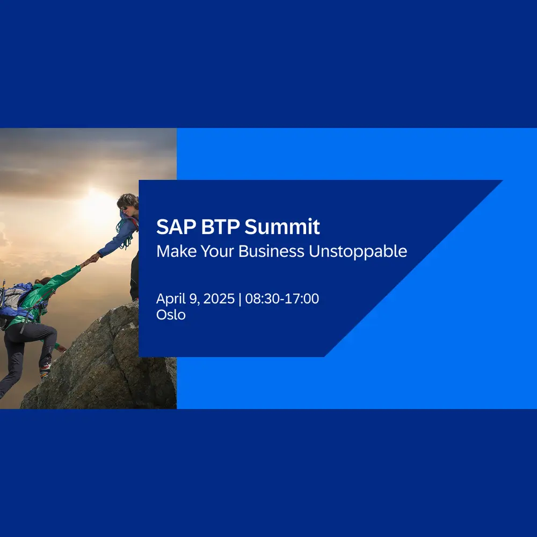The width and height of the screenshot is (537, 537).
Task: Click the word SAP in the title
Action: click(176, 227)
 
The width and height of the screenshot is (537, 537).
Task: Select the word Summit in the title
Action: click(282, 227)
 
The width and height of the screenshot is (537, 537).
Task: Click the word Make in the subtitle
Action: click(177, 251)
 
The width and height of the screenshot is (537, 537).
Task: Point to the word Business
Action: click(271, 251)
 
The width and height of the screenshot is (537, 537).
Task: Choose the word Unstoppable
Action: click(358, 252)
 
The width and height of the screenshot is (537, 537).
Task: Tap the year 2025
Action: click(219, 299)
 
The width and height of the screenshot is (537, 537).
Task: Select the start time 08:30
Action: click(262, 299)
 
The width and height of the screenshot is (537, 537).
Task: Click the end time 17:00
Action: click(302, 299)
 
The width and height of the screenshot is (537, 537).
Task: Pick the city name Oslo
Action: click(171, 315)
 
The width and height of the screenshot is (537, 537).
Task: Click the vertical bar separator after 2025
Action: click(240, 299)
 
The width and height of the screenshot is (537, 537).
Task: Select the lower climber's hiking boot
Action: click(45, 371)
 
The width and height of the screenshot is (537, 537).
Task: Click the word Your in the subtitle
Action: click(217, 251)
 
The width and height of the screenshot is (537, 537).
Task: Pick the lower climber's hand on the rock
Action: click(62, 349)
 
